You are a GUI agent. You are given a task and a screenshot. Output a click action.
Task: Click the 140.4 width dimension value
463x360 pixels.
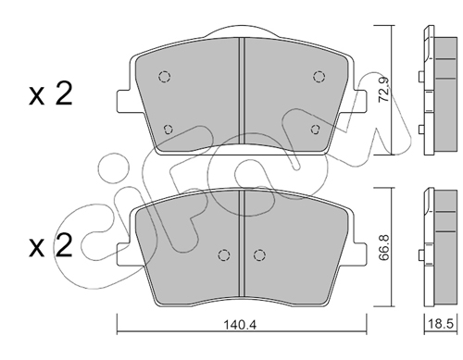(240, 325)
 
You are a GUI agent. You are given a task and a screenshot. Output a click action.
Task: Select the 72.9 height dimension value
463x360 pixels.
(384, 90)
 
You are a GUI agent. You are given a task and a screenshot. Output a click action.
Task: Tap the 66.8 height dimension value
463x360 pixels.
(384, 247)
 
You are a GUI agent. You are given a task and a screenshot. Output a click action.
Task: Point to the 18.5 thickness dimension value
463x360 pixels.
(441, 324)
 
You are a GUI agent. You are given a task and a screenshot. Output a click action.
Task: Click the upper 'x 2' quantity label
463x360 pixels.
(51, 94)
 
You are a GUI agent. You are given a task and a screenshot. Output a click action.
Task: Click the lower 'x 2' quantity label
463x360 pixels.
(51, 245)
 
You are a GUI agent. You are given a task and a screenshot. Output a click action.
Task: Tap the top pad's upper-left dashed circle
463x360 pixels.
(165, 76)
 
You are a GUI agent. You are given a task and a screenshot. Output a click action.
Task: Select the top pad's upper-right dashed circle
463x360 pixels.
(319, 76)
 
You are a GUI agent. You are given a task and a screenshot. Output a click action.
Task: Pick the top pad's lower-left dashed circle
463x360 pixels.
(168, 129)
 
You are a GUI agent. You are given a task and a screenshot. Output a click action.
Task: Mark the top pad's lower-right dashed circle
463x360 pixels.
(316, 129)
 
